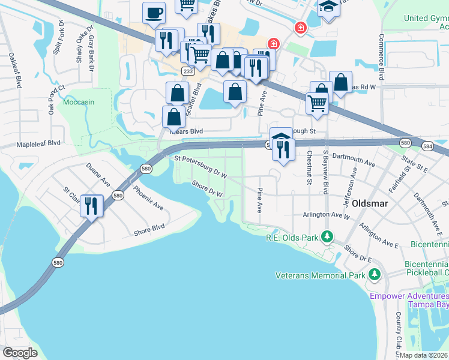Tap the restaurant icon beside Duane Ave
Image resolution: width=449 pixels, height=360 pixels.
click(91, 206)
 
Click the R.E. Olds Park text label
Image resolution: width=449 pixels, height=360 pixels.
click(292, 238)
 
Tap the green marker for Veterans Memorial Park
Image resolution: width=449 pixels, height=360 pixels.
click(375, 275)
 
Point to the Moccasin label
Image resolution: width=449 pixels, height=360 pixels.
click(79, 102)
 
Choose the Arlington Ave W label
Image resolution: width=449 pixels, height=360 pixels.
click(326, 214)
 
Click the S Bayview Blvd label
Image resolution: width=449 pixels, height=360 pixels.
click(326, 172)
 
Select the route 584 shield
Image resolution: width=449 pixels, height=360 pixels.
click(427, 146)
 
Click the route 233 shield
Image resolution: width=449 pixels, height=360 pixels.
click(188, 71)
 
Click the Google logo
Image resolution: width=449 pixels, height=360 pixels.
click(20, 353)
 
